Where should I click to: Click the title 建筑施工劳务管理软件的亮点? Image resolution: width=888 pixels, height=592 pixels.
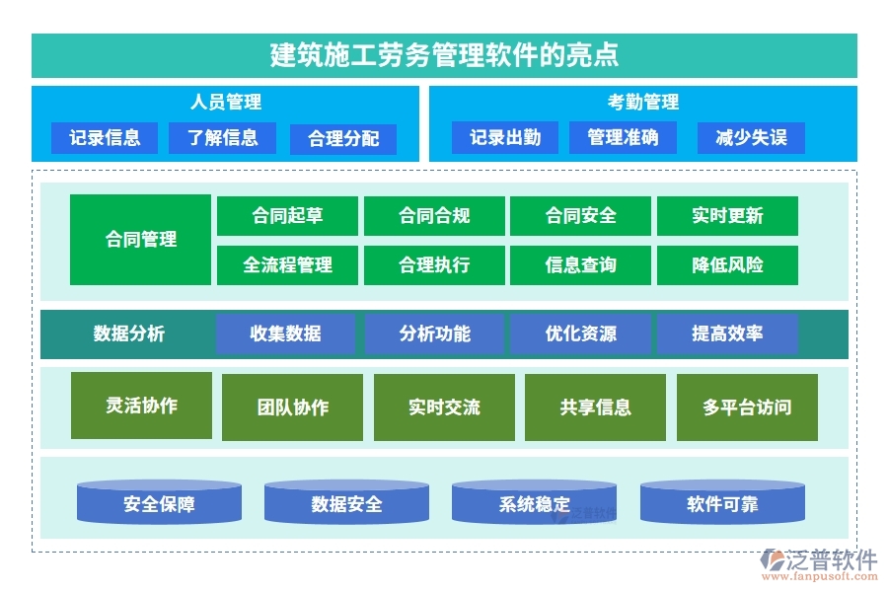coord(444,54)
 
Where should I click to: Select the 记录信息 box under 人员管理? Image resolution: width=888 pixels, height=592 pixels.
coord(105,138)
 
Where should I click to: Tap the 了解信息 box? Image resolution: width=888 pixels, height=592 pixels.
coord(222,138)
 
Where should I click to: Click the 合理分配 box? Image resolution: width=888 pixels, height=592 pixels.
coord(343,139)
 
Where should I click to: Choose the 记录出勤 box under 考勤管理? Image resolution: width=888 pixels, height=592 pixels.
coord(505,138)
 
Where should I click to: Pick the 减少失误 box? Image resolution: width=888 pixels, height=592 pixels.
coord(751,138)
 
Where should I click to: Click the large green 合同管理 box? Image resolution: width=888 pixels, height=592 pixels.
coord(141,240)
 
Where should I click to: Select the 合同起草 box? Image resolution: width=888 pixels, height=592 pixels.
coord(287,216)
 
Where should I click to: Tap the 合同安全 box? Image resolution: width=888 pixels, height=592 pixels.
coord(580,216)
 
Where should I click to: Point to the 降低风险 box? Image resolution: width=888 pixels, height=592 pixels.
coord(727,265)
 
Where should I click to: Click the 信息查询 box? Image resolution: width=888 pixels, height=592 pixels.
coord(580,265)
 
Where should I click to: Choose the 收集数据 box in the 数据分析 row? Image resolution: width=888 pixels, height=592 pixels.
coord(285,334)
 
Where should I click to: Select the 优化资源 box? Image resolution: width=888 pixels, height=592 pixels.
coord(580,334)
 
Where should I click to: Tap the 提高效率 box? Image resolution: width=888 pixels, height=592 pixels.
coord(727,334)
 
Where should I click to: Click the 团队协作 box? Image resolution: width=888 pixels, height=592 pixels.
coord(292,407)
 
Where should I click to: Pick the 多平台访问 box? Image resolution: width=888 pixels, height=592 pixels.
coord(747,407)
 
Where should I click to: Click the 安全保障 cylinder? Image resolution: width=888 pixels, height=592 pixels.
coord(159,504)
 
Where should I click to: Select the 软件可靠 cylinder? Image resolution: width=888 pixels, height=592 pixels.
coord(722,504)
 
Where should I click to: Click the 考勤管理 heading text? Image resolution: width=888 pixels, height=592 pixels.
coord(642,103)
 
